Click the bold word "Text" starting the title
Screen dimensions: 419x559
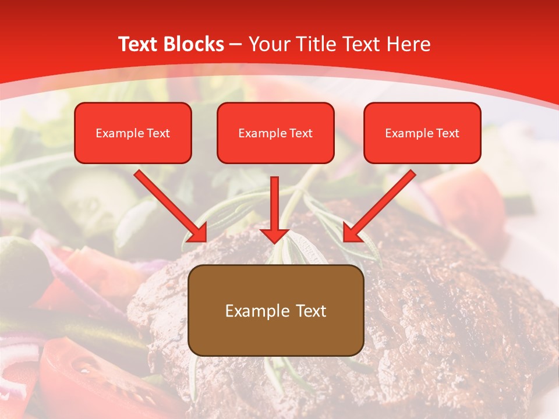(139, 44)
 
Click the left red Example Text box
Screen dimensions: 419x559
(133, 133)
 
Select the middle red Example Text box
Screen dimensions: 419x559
(275, 133)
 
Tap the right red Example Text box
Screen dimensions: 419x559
(422, 133)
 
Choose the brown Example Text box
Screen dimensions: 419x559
(276, 310)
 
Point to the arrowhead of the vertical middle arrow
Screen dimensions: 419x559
(274, 235)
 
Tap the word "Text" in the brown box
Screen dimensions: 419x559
(310, 311)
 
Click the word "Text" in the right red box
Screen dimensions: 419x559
(447, 133)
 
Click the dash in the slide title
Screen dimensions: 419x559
(236, 44)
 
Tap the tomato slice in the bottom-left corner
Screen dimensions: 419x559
(82, 378)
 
